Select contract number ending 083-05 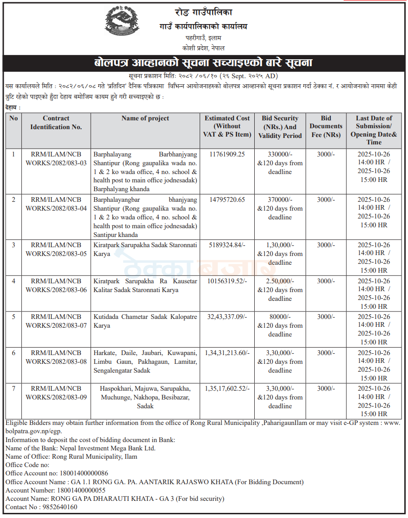point(56,249)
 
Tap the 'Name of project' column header point(145,119)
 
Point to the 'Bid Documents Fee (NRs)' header point(326,127)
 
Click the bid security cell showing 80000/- point(280,317)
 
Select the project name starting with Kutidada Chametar point(145,321)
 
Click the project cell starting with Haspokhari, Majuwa point(145,397)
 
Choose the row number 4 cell point(13,281)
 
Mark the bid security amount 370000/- point(280,200)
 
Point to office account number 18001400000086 point(83,474)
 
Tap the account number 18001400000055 point(81,490)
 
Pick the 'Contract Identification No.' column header point(56,123)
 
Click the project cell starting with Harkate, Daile point(145,362)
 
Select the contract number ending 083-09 point(56,393)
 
